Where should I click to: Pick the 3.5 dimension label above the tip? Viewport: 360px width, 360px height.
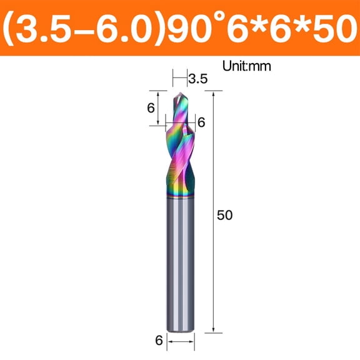(197, 79)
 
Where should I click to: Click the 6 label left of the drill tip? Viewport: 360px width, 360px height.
(151, 107)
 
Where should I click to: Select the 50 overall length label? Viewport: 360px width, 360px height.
(224, 215)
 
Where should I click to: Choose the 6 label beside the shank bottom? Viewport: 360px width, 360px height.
(159, 341)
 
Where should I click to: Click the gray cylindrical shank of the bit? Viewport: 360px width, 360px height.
(181, 262)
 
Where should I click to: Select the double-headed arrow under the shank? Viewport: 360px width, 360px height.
(181, 341)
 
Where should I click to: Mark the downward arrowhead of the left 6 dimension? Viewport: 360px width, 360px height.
(159, 122)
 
